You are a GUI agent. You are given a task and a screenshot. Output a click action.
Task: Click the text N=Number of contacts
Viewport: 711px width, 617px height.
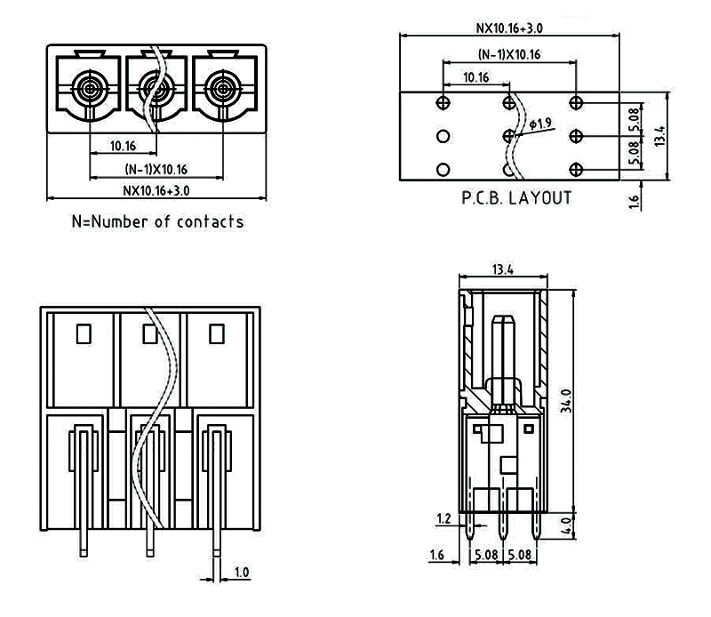pos(156,221)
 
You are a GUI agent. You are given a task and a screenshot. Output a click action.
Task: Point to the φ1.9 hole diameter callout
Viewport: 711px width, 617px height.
pos(541,124)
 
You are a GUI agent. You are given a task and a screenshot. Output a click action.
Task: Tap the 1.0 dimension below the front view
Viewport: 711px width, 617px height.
pos(242,572)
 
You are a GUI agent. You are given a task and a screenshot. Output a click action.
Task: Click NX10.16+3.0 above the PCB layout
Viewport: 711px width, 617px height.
pos(508,28)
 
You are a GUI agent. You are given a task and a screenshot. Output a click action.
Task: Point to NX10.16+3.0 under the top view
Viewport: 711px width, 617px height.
pos(156,189)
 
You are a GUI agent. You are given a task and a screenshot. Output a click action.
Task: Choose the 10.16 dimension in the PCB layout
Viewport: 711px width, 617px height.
pos(475,77)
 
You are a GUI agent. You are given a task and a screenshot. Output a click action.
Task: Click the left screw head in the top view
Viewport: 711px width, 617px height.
pos(89,88)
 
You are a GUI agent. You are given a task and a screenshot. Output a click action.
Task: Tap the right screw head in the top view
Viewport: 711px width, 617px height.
pos(220,88)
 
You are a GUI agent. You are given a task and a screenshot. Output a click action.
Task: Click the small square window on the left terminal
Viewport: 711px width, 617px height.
pos(84,334)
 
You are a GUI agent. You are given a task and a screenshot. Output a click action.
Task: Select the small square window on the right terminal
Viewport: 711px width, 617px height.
pos(216,334)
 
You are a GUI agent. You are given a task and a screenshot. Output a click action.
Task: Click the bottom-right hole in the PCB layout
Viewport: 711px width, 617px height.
pos(575,169)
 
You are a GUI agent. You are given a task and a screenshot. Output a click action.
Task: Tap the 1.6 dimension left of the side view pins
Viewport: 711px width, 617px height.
pos(435,557)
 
